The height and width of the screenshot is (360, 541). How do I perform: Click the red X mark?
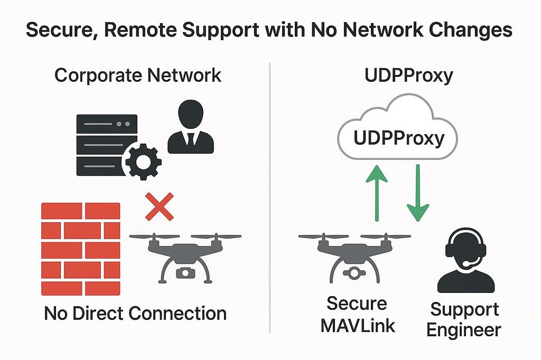[x=159, y=206]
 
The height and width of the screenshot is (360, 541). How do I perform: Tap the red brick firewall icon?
[x=80, y=249]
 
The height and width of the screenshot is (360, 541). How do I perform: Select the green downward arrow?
[x=417, y=192]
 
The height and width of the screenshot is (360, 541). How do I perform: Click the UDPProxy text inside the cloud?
[x=398, y=138]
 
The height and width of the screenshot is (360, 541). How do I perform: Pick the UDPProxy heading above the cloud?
[x=408, y=75]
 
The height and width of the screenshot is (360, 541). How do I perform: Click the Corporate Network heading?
[x=138, y=75]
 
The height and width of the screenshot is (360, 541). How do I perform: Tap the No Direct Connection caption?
[x=135, y=314]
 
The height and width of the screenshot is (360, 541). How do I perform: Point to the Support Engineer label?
[x=463, y=320]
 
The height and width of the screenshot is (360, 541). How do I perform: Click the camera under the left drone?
[x=184, y=273]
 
